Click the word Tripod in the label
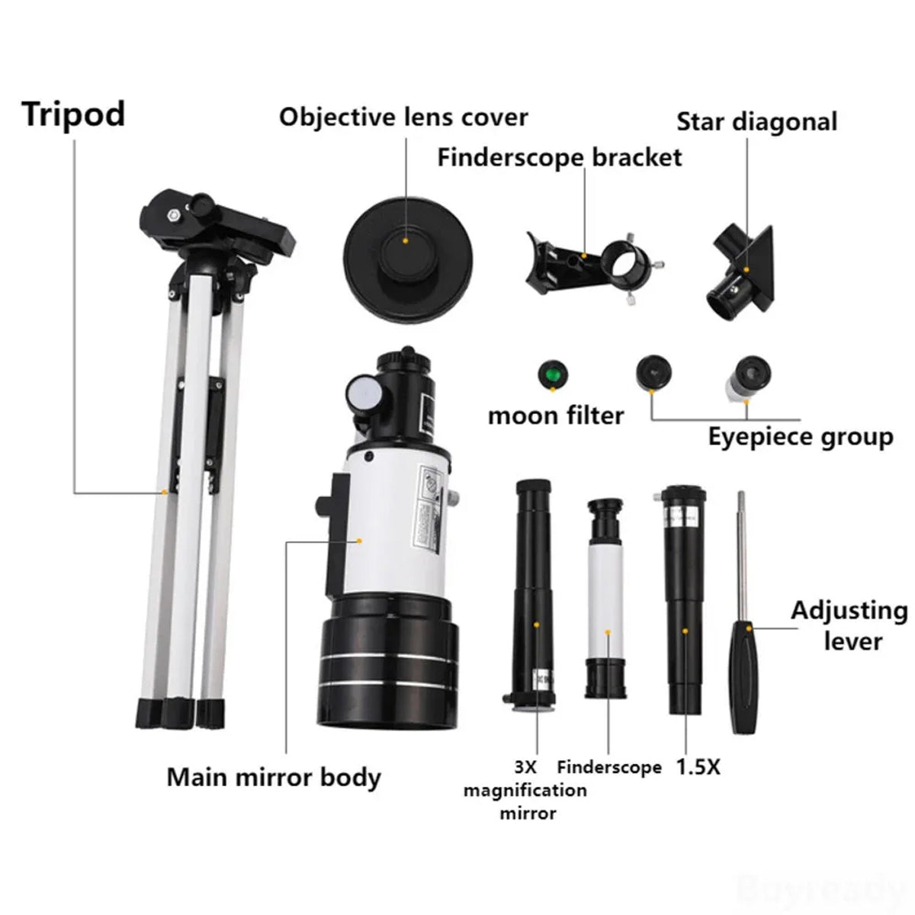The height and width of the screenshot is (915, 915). [73, 115]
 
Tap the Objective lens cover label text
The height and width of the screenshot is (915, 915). [403, 117]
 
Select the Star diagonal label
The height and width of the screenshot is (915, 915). [756, 122]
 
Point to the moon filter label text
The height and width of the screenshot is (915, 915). [556, 416]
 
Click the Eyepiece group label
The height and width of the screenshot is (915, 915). [800, 437]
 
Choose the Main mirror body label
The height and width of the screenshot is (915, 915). [274, 778]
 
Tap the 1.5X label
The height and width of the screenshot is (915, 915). [698, 767]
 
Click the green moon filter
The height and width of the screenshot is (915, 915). [554, 375]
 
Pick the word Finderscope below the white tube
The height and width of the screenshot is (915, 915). [608, 767]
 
